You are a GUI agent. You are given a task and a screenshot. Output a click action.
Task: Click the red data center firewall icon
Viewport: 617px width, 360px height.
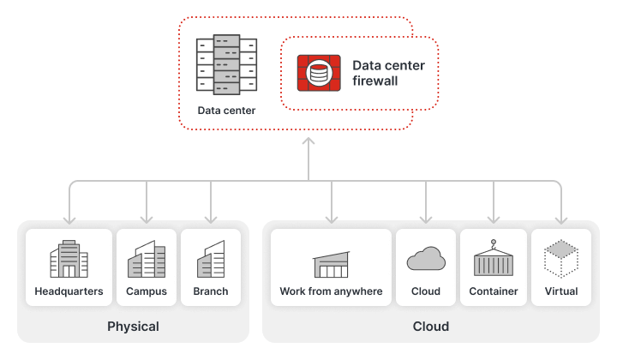[x=319, y=73]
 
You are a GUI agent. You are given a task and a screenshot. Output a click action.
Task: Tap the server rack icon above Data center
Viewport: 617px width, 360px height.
[x=226, y=64]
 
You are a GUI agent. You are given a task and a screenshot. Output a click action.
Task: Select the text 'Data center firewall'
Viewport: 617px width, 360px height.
[x=388, y=73]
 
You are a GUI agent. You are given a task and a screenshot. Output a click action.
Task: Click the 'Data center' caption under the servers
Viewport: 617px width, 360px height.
[x=226, y=111]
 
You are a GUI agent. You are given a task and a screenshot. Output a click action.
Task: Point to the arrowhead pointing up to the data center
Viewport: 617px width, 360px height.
[x=308, y=141]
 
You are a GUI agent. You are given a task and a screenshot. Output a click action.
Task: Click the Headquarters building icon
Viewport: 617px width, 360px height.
[x=69, y=259]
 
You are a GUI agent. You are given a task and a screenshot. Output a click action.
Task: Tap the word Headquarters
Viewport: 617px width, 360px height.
[x=69, y=291]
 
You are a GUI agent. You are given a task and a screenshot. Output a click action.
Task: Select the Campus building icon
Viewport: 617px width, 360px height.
[x=147, y=259]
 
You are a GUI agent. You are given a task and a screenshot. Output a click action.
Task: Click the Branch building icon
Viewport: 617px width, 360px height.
[x=211, y=259]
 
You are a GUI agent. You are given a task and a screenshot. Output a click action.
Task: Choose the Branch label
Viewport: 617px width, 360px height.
[x=211, y=291]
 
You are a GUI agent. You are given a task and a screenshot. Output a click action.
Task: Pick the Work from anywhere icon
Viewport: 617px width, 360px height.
[x=331, y=264]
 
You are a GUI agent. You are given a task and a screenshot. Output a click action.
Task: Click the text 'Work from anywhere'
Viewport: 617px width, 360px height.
[x=331, y=291]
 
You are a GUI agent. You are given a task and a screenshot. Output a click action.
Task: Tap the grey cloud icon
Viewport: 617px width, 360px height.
[x=426, y=258]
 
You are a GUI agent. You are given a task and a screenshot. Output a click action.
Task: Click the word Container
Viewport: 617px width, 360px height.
[x=494, y=291]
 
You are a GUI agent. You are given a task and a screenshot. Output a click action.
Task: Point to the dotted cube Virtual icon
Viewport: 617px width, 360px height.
[x=561, y=258]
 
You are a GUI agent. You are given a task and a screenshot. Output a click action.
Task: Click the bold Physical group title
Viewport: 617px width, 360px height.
[x=133, y=327]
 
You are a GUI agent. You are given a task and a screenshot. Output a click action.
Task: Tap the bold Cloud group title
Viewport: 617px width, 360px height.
[x=431, y=327]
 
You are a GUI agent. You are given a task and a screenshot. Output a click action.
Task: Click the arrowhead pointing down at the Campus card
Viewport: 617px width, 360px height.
[x=147, y=220]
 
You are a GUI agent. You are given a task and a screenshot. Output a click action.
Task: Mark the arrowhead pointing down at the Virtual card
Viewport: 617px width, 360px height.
[x=561, y=220]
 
